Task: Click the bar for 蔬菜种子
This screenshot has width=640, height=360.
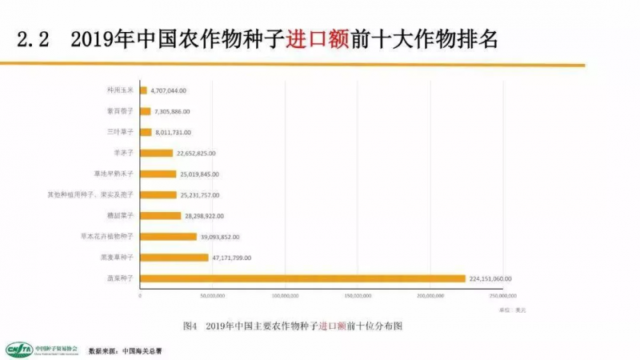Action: [302, 278]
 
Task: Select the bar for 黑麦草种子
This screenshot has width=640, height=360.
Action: [174, 258]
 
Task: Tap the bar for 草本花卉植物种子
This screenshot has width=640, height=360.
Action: [168, 237]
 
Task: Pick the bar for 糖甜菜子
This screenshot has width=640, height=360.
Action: [160, 216]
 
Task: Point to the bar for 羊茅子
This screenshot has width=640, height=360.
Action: [156, 153]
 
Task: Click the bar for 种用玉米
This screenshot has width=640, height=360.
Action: [144, 90]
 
